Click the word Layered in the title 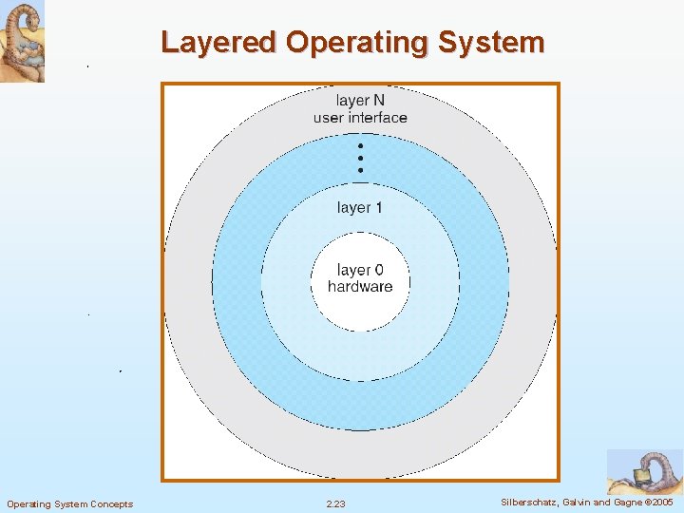[x=218, y=43]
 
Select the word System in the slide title [x=496, y=43]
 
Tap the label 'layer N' [x=360, y=101]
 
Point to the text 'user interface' [x=360, y=118]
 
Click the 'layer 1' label [x=360, y=207]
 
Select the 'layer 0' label [x=360, y=271]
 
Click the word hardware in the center [x=360, y=287]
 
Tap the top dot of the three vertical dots [x=361, y=146]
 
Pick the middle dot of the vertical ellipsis [x=361, y=158]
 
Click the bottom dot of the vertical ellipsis [x=361, y=169]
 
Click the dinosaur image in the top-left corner [x=22, y=41]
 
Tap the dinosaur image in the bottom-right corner [x=644, y=471]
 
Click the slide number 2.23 [x=335, y=503]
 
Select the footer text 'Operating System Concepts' [x=69, y=503]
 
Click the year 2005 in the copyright [x=663, y=502]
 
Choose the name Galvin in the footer [x=581, y=502]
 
